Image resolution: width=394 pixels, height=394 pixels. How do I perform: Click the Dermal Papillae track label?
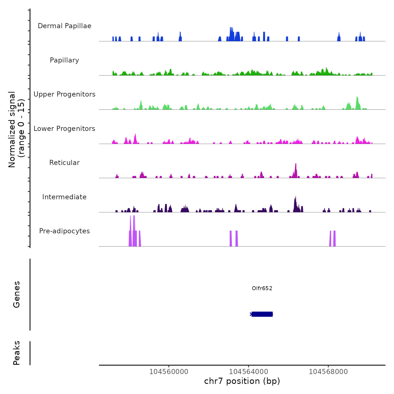click(x=64, y=26)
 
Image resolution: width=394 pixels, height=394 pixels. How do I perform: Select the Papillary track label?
click(x=64, y=60)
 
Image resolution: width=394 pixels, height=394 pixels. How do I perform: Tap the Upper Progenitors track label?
click(x=64, y=94)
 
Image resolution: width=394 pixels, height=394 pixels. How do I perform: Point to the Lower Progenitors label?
click(x=64, y=129)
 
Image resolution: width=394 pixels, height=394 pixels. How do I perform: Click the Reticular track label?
click(x=64, y=163)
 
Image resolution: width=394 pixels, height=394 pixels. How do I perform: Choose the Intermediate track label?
click(x=64, y=197)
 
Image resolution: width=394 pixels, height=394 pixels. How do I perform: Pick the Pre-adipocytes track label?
click(x=64, y=231)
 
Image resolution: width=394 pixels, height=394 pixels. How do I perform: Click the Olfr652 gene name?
click(x=262, y=288)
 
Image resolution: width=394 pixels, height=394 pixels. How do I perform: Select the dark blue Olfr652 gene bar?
click(x=262, y=314)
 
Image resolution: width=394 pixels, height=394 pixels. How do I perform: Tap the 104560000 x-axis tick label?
click(x=169, y=371)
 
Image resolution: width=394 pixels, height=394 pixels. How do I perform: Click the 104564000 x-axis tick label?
click(x=249, y=371)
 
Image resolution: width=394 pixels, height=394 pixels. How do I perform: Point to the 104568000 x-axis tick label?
click(x=328, y=371)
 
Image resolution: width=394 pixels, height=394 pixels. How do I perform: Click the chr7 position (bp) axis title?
click(x=242, y=381)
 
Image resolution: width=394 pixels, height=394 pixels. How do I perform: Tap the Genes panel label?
click(x=17, y=294)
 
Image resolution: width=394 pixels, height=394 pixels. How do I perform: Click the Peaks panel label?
click(x=17, y=353)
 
